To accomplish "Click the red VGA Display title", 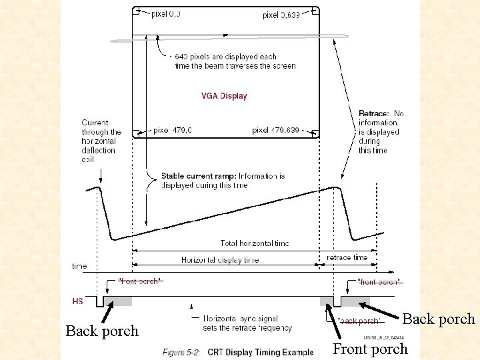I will [224, 96].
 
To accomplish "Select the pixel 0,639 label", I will [281, 14].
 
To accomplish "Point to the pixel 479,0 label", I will [173, 130].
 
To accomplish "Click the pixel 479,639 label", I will [275, 130].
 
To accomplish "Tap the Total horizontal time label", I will [255, 243].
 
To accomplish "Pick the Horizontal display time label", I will [220, 260].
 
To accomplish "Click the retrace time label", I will [347, 257].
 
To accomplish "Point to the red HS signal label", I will [78, 301].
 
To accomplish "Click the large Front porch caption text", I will [370, 349].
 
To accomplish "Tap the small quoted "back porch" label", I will [359, 321].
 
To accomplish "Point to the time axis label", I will [79, 266].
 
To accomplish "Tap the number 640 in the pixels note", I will [181, 57].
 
